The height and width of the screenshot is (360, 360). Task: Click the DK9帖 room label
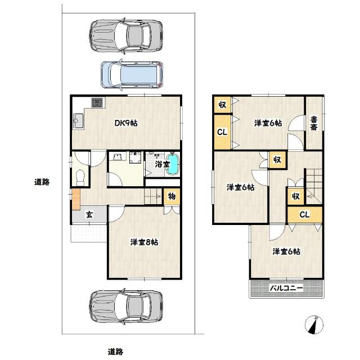pyautogui.click(x=127, y=124)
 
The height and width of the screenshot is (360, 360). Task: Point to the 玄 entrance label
pyautogui.click(x=89, y=214)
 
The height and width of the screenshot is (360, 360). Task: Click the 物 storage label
pyautogui.click(x=172, y=197)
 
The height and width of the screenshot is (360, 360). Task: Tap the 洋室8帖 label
pyautogui.click(x=144, y=242)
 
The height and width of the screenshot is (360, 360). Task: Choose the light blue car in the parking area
pyautogui.click(x=132, y=74)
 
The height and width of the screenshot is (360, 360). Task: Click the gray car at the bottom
pyautogui.click(x=125, y=306)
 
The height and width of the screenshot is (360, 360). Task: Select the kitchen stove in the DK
pyautogui.click(x=97, y=103)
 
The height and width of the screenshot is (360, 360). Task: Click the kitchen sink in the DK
pyautogui.click(x=78, y=120)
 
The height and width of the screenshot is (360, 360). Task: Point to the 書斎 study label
pyautogui.click(x=314, y=123)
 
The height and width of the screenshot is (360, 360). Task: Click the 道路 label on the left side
pyautogui.click(x=42, y=182)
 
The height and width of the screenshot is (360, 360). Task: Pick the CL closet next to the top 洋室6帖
pyautogui.click(x=222, y=133)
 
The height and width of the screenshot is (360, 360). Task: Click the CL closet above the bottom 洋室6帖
pyautogui.click(x=304, y=214)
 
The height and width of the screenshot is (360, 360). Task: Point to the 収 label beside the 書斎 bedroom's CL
pyautogui.click(x=222, y=105)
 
